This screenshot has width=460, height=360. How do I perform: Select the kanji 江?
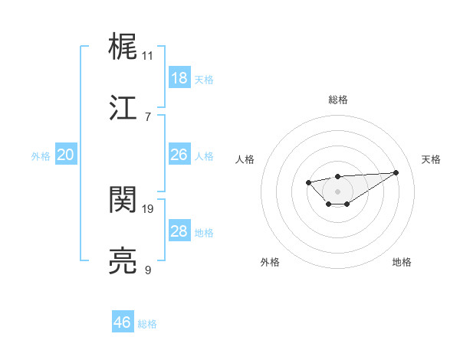123,108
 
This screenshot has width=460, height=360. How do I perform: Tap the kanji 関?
123,199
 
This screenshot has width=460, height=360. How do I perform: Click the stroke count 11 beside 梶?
147,56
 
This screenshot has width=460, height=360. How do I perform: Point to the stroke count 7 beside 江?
147,117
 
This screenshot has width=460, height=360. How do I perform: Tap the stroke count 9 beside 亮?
147,270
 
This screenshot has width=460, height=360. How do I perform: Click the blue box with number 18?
179,78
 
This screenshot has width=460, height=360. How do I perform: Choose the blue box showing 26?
179,155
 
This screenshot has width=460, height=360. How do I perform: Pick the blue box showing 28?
179,231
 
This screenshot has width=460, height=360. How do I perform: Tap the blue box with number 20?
66,155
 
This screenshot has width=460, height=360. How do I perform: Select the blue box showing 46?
123,322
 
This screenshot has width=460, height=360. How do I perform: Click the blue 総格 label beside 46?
147,324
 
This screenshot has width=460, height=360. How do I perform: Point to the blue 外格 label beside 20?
41,156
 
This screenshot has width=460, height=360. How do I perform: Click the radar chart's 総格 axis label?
337,100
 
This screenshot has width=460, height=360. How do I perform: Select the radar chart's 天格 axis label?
431,159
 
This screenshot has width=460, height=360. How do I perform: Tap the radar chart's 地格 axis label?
402,262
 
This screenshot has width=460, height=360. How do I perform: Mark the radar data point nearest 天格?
396,172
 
